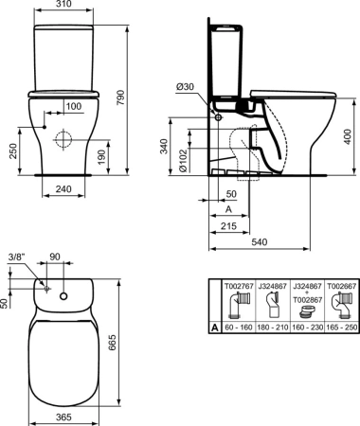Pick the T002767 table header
tap(237, 283)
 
